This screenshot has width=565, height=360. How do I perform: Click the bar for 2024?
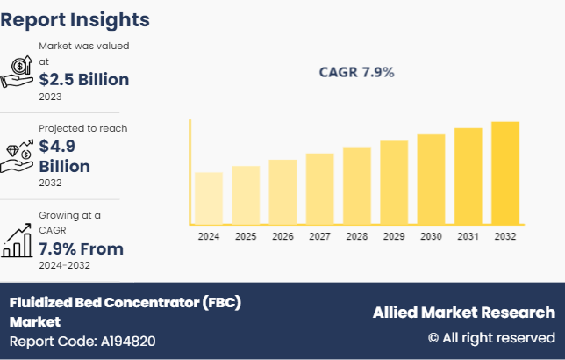click(209, 198)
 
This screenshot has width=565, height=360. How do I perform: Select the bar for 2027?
click(319, 188)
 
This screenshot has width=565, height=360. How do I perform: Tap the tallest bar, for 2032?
click(504, 172)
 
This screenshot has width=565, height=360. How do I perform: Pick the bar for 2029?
click(394, 182)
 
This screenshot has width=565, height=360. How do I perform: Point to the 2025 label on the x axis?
click(246, 236)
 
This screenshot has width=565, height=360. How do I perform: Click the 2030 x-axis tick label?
click(431, 236)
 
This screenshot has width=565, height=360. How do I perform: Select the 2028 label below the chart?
click(356, 236)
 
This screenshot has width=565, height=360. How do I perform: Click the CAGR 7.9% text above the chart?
click(356, 72)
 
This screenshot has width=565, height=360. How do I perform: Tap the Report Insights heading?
click(75, 19)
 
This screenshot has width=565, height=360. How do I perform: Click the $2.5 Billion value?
click(84, 79)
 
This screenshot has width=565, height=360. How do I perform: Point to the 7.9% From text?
click(81, 248)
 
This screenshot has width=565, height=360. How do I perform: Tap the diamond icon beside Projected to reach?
click(18, 155)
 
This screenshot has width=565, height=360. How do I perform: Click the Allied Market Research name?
click(463, 313)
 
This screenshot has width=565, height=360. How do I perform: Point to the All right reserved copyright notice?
click(491, 337)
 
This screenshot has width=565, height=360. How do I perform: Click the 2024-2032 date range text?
click(64, 265)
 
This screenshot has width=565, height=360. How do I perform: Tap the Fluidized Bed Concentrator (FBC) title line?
click(125, 302)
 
